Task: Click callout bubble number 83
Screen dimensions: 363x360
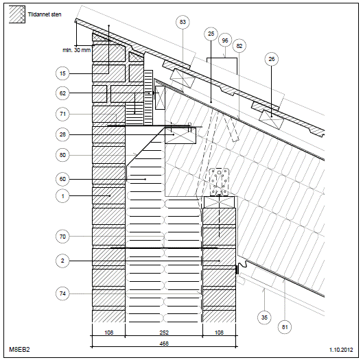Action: [x=183, y=22]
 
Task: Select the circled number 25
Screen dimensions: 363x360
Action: [x=211, y=34]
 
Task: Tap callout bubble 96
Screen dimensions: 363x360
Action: [x=225, y=40]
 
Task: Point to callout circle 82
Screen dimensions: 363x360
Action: [x=239, y=46]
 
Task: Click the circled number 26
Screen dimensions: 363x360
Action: [x=271, y=59]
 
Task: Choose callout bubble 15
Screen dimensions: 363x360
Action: [x=62, y=73]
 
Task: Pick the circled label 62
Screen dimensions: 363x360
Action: [x=62, y=93]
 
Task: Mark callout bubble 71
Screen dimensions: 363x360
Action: [x=62, y=114]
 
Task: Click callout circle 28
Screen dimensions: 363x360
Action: [x=62, y=134]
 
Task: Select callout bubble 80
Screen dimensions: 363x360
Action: [x=62, y=155]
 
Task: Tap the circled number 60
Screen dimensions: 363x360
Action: [x=62, y=179]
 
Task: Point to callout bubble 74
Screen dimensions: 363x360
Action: [x=62, y=293]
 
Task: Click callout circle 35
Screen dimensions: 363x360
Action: [x=264, y=317]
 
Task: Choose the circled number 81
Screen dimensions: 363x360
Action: [x=285, y=327]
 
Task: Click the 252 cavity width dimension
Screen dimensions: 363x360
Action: [x=164, y=333]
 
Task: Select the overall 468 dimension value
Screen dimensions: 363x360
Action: [x=164, y=344]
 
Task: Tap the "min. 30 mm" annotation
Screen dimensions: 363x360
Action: [x=77, y=50]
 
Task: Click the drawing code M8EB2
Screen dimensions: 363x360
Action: [x=19, y=349]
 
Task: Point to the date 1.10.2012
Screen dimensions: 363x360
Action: [x=341, y=350]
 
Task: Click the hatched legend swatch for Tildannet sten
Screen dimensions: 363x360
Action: [x=17, y=14]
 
